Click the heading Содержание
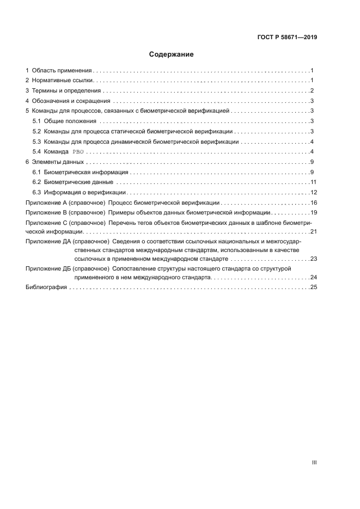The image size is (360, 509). (x=171, y=54)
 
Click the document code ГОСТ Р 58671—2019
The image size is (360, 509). (x=287, y=38)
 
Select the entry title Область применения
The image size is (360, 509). (x=61, y=71)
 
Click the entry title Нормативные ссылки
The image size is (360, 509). (x=63, y=81)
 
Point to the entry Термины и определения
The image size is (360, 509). (x=66, y=91)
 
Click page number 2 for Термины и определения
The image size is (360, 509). (x=312, y=91)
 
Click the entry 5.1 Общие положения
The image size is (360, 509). (x=65, y=121)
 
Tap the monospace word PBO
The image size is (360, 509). (x=78, y=152)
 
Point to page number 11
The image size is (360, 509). (x=313, y=182)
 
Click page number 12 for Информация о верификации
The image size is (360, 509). (x=313, y=192)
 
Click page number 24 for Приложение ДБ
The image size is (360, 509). (x=313, y=277)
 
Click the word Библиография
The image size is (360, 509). (x=46, y=287)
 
